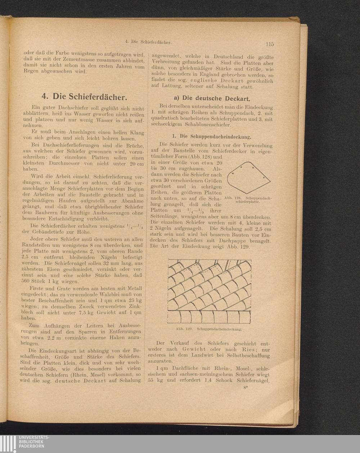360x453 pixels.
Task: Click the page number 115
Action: pos(270,44)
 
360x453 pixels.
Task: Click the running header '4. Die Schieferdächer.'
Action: pos(148,42)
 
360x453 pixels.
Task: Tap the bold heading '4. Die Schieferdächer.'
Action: pos(84,97)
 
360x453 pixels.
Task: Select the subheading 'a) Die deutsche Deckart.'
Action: pos(212,98)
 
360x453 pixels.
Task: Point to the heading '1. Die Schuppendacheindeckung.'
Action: pos(211,137)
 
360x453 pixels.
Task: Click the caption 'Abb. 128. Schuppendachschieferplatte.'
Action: pos(248,200)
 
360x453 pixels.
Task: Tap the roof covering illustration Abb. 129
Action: pos(210,292)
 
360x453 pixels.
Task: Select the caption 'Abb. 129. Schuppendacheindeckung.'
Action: pos(209,329)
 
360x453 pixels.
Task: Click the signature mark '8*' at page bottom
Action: pos(246,388)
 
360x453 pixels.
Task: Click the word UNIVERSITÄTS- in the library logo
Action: pos(35,437)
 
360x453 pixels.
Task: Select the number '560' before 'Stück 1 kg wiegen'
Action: pos(28,281)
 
